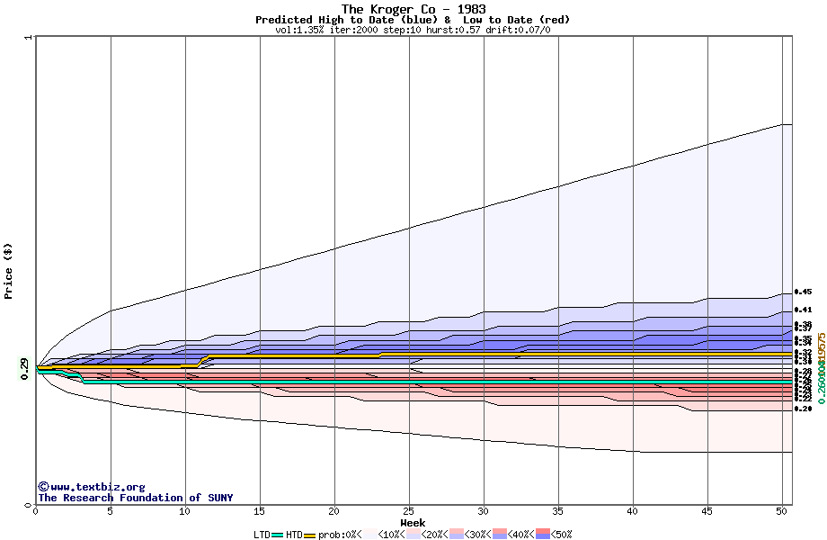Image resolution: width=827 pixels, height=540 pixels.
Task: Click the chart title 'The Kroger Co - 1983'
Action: [x=413, y=9]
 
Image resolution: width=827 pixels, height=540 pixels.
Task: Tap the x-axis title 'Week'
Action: [x=413, y=523]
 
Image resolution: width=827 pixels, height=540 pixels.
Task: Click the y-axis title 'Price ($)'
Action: [x=8, y=271]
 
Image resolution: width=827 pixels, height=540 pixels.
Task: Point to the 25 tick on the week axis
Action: [x=409, y=511]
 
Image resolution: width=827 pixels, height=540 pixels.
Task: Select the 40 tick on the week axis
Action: [x=633, y=511]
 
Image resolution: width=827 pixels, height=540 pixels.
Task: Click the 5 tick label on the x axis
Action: [x=111, y=511]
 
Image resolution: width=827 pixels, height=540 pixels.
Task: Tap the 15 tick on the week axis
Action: [x=260, y=511]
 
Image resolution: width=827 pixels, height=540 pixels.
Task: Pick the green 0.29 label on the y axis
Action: [x=24, y=369]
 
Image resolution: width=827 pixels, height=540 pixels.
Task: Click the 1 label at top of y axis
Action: [x=29, y=38]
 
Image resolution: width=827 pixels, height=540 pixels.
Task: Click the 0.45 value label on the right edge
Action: [x=803, y=292]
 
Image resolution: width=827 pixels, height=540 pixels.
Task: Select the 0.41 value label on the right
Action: [x=803, y=310]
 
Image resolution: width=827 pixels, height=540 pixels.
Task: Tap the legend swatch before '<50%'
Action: [x=544, y=535]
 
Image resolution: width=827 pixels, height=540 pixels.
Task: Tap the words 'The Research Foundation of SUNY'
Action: [x=135, y=498]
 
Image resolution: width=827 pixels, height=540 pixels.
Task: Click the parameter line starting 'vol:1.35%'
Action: [x=413, y=30]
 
